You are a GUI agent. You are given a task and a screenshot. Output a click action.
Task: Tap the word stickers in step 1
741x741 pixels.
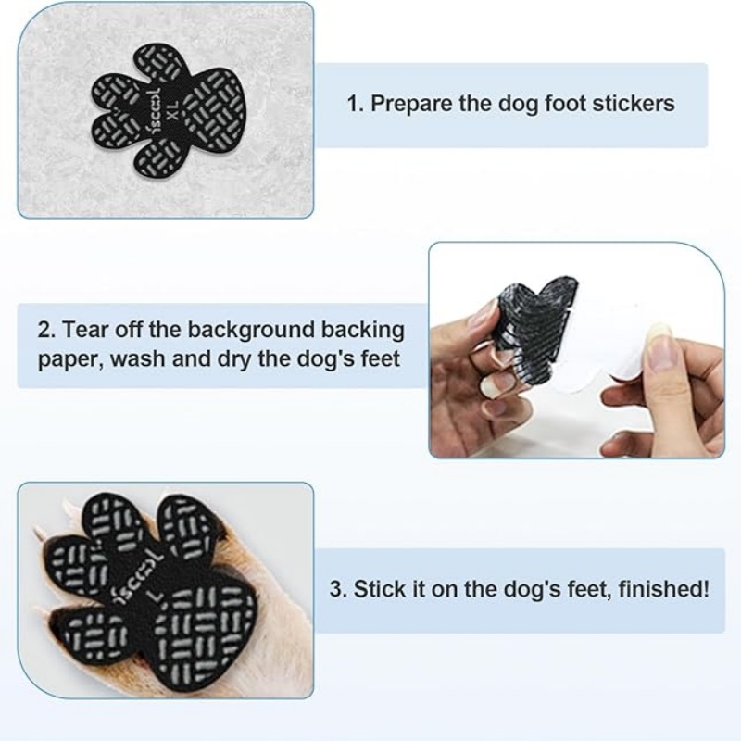click(636, 103)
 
